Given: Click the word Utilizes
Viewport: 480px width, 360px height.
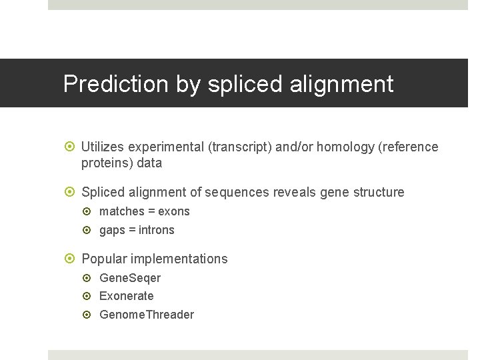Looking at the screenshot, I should point(103,147).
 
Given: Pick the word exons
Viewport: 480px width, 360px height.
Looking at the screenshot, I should point(174,211).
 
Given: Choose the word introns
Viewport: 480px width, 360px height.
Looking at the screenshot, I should point(157,230).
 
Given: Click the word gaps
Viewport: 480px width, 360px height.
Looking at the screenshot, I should point(112,230).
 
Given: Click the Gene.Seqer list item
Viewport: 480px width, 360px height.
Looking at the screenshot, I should point(130,277).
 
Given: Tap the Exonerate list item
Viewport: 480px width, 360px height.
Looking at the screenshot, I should point(127,296).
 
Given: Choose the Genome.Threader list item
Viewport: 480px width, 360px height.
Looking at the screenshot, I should point(147,315).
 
